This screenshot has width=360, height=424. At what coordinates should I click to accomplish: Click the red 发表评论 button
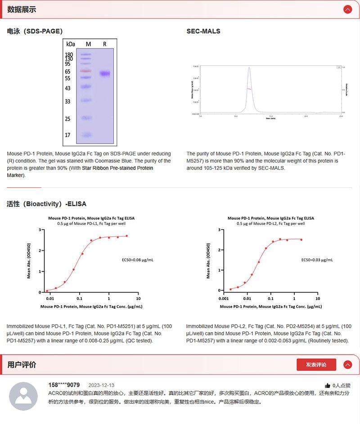[316, 365]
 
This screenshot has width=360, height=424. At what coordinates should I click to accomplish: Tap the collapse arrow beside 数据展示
[347, 9]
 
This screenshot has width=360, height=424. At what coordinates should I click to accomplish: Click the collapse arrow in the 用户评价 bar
[347, 365]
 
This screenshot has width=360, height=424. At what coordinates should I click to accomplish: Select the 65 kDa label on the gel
[68, 72]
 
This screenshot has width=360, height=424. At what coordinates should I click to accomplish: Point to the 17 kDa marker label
[68, 135]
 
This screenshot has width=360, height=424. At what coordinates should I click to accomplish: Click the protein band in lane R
[105, 73]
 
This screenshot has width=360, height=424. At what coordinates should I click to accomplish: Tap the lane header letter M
[88, 44]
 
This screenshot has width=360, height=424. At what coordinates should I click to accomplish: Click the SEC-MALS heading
[203, 32]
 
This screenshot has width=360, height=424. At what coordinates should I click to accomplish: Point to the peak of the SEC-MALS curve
[249, 68]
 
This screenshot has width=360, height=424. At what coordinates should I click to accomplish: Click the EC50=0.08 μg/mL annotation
[138, 260]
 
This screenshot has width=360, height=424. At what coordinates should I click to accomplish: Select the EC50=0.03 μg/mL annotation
[317, 260]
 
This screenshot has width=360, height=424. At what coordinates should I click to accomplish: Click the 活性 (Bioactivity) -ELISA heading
[46, 204]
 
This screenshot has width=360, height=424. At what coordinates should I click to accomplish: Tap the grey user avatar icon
[23, 396]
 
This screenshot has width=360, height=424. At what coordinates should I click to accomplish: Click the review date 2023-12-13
[101, 385]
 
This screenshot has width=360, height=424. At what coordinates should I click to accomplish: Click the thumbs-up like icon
[327, 386]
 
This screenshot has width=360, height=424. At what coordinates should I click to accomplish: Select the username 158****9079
[64, 385]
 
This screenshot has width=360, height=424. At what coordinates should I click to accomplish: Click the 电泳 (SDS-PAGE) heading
[35, 32]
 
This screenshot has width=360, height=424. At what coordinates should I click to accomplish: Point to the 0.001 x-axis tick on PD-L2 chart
[223, 298]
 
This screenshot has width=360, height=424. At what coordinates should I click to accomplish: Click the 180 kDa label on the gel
[69, 55]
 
